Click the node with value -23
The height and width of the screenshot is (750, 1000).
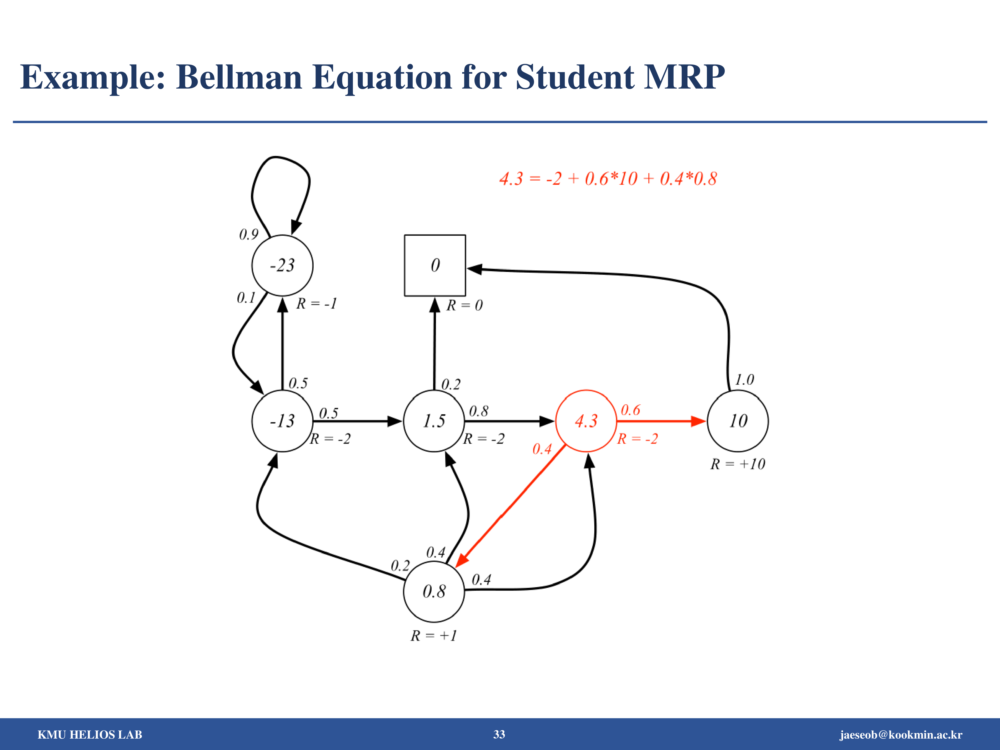(x=282, y=265)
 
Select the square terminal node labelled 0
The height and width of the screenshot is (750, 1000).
(x=435, y=265)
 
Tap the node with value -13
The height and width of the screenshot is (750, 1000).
(x=282, y=421)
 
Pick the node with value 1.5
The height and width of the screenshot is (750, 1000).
(x=434, y=421)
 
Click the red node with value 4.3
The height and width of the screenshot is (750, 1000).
(x=586, y=421)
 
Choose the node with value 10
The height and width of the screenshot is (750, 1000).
(x=738, y=421)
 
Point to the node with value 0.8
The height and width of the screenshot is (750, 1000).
(x=434, y=591)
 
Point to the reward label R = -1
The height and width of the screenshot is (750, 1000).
(x=316, y=303)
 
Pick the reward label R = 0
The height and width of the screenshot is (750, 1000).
(x=464, y=305)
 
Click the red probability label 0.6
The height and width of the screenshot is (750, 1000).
(x=630, y=410)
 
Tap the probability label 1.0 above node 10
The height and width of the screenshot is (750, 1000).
(x=744, y=379)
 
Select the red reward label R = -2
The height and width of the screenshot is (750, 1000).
(x=637, y=439)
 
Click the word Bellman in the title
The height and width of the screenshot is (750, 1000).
(x=239, y=77)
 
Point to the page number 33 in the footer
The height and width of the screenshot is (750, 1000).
(x=499, y=734)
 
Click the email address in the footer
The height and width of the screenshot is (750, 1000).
(x=901, y=735)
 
